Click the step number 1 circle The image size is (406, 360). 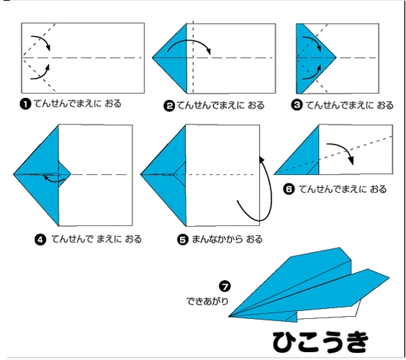pos(25,104)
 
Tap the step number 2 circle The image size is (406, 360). pos(169,106)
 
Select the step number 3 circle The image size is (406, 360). pos(297,105)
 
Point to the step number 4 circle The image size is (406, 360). pos(40,240)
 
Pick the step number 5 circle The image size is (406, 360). pos(183,240)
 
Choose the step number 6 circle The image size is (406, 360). pos(289,189)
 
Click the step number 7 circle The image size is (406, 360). pos(225,287)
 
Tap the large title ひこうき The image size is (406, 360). pos(320,341)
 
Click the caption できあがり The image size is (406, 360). pos(207,301)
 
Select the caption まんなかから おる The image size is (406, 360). pos(227,239)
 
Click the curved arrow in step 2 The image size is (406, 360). pos(190,41)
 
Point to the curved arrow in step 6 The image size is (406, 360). pos(344,148)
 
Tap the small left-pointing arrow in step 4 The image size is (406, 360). pos(54,180)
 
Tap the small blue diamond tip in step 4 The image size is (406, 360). pos(64,174)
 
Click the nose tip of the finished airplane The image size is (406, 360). pos(229,316)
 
